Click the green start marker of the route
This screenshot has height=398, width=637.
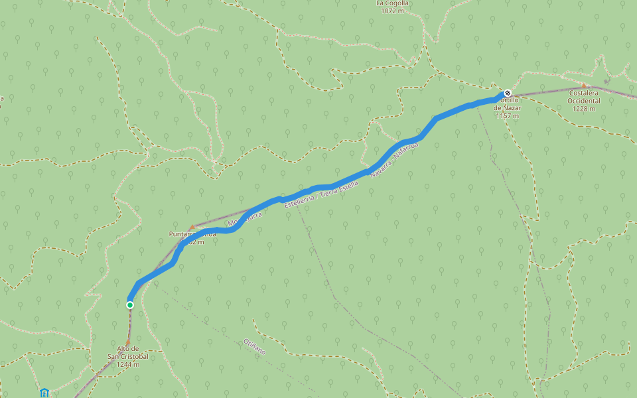click(x=130, y=305)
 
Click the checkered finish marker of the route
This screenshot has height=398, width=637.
click(x=508, y=94)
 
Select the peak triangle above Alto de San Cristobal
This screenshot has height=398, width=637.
click(x=128, y=342)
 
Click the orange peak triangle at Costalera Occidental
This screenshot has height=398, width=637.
click(x=584, y=86)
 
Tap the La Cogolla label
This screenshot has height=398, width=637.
click(x=393, y=3)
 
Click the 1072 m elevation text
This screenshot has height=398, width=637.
click(x=393, y=11)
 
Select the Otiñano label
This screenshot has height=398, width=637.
click(x=255, y=347)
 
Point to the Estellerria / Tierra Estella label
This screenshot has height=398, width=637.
click(x=321, y=196)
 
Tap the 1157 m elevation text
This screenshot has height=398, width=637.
click(x=507, y=115)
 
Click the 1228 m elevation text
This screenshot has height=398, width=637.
click(x=583, y=109)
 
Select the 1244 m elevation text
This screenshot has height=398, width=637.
click(x=127, y=364)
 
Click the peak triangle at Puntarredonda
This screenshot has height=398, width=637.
click(x=192, y=228)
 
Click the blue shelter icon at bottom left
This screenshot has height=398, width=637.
click(x=44, y=393)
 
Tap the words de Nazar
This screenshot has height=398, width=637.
click(x=508, y=107)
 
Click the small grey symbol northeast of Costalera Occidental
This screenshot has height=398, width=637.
click(x=606, y=62)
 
